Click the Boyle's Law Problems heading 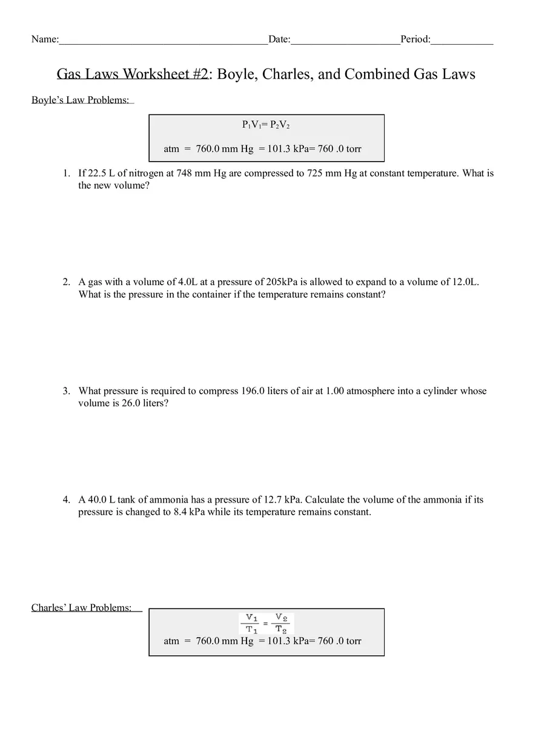click(x=81, y=101)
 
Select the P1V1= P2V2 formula click(x=266, y=125)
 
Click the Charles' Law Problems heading click(x=82, y=608)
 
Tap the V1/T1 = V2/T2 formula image click(x=266, y=623)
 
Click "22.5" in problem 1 click(x=98, y=173)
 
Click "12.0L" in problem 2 click(x=465, y=282)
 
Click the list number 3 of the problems click(x=66, y=391)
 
